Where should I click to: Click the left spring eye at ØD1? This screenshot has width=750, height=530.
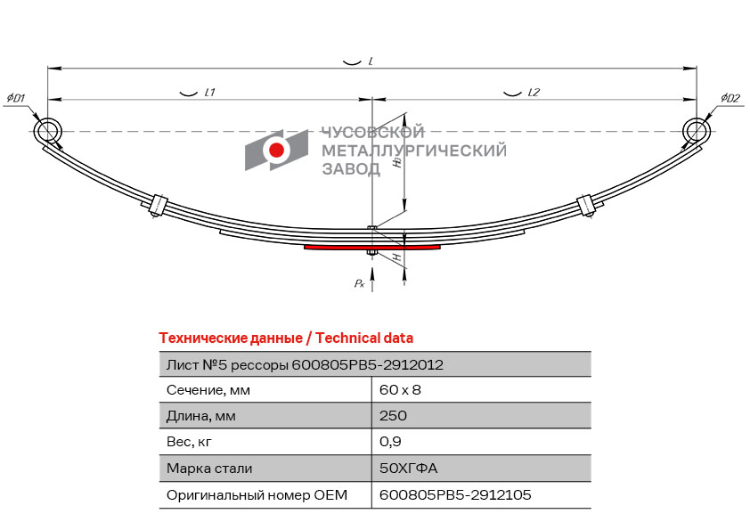48,131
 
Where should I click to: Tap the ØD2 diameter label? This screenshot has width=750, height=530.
730,97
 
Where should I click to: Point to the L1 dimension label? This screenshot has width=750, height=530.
210,93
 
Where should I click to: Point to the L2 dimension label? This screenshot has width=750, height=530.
534,93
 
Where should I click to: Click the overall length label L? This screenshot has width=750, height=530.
370,61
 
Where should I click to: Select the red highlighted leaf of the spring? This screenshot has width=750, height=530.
371,248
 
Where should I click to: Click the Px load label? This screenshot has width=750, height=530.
358,282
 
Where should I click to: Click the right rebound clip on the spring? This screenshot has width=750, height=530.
585,204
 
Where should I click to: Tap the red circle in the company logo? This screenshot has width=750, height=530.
277,151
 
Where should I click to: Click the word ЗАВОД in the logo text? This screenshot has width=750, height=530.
349,168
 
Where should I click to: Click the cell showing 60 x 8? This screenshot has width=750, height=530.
400,390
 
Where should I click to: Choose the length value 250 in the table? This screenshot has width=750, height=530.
393,416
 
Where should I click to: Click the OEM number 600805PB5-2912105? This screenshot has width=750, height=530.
455,494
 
